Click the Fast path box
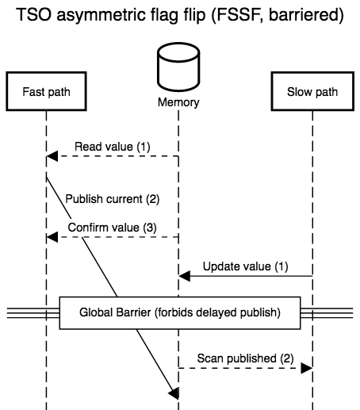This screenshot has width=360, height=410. pos(46,91)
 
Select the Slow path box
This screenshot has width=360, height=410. pos(312,91)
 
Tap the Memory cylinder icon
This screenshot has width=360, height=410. pos(178,67)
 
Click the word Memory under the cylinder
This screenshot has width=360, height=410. pos(178,102)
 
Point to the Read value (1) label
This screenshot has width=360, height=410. pos(113,147)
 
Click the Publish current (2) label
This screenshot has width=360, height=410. pos(113,199)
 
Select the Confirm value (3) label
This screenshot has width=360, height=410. pos(113,228)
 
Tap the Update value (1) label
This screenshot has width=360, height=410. pos(246,266)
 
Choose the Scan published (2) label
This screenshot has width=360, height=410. pos(246,358)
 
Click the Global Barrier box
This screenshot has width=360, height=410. pos(180,312)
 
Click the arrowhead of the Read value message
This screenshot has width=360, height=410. pos(52,156)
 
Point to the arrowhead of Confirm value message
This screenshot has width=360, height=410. pos(52,237)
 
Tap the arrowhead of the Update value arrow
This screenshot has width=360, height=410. pos(185,276)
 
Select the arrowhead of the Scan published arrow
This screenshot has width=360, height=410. pos(307,368)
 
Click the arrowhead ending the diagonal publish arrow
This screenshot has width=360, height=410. pos(174,393)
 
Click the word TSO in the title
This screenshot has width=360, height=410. pos(33,14)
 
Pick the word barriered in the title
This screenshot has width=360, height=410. pos(306,15)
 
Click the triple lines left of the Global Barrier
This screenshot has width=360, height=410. pos(33,313)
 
